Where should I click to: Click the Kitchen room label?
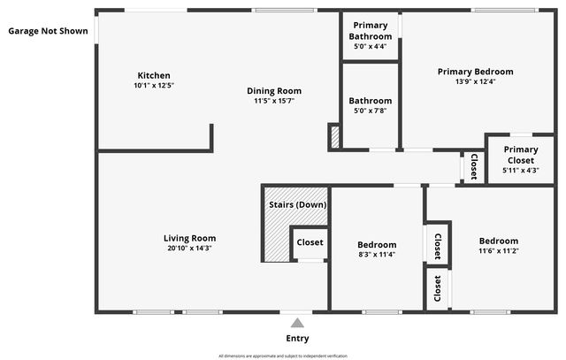[154, 75]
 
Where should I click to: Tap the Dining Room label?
[274, 90]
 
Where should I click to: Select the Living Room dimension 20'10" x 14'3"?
[189, 249]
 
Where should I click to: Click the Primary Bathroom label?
[371, 31]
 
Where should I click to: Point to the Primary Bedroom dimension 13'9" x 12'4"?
[475, 82]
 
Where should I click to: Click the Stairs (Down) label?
[297, 205]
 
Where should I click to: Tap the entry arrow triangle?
[297, 323]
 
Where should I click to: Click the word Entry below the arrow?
[297, 339]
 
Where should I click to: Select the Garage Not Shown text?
[48, 31]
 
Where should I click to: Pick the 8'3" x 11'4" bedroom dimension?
[377, 255]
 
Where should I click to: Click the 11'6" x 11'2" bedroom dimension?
[499, 250]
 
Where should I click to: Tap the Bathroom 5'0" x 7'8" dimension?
[370, 111]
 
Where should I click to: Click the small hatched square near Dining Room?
[334, 137]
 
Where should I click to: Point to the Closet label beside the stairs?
[310, 242]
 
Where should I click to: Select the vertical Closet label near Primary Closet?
[473, 166]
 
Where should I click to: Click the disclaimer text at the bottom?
[284, 356]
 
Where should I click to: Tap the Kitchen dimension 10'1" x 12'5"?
[154, 86]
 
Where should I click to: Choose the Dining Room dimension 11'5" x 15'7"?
[274, 101]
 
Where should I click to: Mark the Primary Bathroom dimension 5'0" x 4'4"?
[371, 46]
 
